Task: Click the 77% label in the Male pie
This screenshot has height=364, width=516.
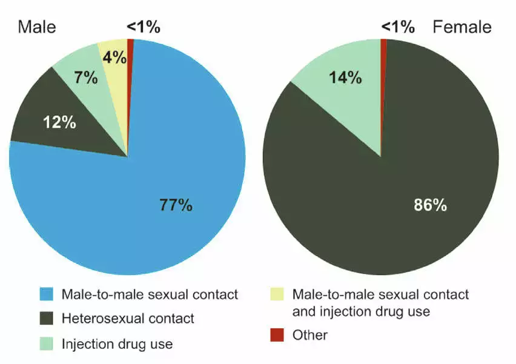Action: (x=176, y=205)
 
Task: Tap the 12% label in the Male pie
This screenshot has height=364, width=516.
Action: (x=59, y=122)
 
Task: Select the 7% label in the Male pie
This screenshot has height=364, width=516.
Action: (x=86, y=78)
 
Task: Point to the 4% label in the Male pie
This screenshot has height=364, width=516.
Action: (x=114, y=58)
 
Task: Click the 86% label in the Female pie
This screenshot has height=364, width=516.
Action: (x=430, y=205)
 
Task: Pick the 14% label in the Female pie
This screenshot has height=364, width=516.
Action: (x=345, y=78)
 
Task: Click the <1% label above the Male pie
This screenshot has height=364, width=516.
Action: (x=143, y=27)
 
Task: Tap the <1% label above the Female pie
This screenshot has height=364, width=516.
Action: (x=398, y=27)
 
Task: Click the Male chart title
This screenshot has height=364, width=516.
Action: (x=36, y=27)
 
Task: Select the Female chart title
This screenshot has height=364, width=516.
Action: (x=461, y=27)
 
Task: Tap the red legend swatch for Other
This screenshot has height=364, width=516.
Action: (x=277, y=335)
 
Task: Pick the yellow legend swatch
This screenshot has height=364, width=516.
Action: (x=277, y=295)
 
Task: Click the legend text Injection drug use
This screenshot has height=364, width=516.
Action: (x=117, y=344)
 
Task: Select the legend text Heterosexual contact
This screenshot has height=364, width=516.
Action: (x=128, y=319)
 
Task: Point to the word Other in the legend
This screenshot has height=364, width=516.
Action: (x=309, y=335)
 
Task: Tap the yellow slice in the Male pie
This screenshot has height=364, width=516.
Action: (x=114, y=73)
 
